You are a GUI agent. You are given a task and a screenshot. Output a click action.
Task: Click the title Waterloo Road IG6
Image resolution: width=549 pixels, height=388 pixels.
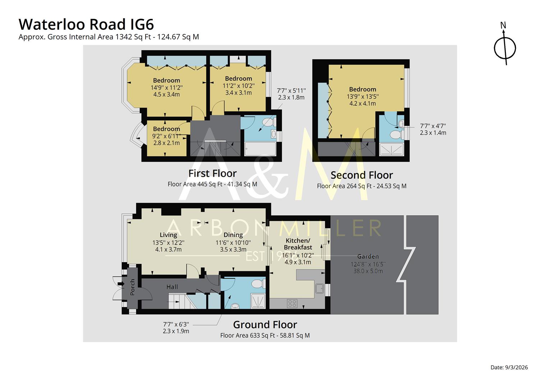(x=86, y=24)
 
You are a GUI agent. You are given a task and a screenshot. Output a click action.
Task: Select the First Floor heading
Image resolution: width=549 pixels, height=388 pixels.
(x=212, y=174)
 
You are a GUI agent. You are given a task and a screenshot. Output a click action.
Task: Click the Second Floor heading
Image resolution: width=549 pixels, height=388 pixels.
(x=361, y=175)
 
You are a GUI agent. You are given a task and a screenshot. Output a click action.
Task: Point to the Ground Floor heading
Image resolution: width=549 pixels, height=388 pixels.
(x=265, y=325)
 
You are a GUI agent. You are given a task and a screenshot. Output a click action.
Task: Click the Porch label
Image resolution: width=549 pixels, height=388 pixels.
(x=132, y=287)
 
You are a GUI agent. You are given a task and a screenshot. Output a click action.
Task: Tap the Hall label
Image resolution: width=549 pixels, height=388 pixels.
(x=172, y=287)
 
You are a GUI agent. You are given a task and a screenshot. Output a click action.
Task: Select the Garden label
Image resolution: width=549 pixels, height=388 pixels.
(x=368, y=257)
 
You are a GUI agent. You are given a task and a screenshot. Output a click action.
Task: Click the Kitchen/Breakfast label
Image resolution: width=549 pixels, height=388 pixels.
(x=298, y=244)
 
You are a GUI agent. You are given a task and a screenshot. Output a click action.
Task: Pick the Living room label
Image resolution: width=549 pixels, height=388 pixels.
(x=168, y=235)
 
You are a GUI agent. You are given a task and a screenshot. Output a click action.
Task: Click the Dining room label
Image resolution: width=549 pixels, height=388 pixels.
(x=233, y=235)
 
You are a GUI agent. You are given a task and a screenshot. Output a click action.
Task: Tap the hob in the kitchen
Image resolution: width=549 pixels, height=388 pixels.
(x=292, y=304)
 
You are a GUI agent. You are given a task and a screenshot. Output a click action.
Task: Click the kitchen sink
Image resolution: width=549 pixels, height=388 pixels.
(x=319, y=288)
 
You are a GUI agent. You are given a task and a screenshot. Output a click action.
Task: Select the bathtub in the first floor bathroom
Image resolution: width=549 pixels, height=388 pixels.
(x=260, y=149)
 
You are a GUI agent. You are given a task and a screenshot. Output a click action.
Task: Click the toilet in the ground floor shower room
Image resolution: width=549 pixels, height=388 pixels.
(x=258, y=284)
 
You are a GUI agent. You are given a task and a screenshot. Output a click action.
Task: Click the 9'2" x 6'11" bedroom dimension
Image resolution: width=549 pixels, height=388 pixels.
(x=166, y=136)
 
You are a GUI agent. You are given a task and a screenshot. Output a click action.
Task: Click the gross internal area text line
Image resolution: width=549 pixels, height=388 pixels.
(x=109, y=37)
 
